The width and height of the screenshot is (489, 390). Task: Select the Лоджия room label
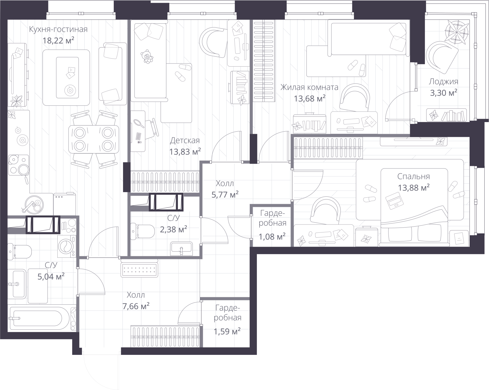click(443, 81)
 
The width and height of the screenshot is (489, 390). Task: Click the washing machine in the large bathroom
click(67, 246)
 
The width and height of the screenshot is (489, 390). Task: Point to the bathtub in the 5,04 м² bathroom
click(39, 318)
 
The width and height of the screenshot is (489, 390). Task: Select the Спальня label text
click(413, 176)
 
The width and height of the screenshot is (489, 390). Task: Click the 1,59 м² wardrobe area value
click(227, 331)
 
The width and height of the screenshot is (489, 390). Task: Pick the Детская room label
click(185, 141)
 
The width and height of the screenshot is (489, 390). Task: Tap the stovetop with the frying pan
click(18, 165)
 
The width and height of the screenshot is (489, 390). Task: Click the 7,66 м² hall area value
click(136, 306)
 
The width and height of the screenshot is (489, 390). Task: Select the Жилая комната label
click(309, 87)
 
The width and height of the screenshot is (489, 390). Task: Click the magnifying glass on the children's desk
click(139, 123)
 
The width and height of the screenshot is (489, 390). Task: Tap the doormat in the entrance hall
click(139, 270)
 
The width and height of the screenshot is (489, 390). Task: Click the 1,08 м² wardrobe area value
click(272, 237)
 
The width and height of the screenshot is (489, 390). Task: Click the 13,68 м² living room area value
click(310, 99)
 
